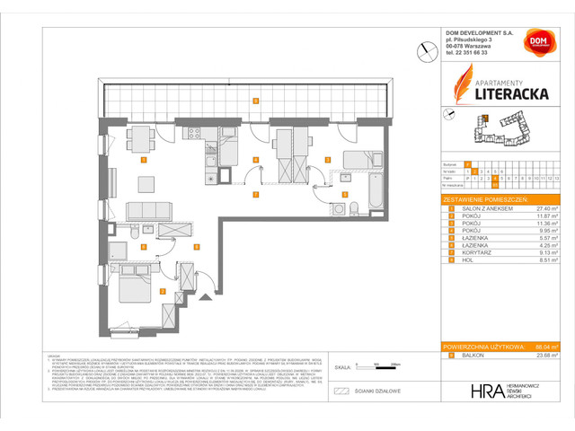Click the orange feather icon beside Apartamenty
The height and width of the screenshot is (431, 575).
[455, 90]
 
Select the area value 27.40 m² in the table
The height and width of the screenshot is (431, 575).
[544, 208]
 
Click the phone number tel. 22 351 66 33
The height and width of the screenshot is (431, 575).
[467, 53]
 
